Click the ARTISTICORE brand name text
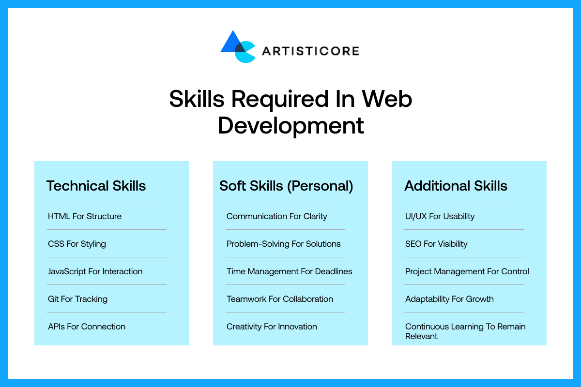click(310, 51)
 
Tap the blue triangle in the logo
click(229, 44)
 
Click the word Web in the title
click(387, 99)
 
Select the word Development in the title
click(290, 125)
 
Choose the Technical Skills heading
click(96, 186)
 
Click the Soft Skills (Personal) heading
click(286, 186)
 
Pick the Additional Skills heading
click(456, 186)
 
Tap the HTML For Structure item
click(85, 216)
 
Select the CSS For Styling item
click(77, 244)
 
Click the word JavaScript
click(67, 271)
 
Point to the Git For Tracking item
click(77, 299)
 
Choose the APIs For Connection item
click(87, 327)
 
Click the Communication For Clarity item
click(277, 216)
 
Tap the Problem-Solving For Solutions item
click(284, 244)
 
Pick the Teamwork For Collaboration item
click(280, 299)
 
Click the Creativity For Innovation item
click(272, 327)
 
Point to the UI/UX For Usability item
click(440, 216)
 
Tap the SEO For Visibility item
click(436, 244)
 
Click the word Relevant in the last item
click(421, 336)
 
